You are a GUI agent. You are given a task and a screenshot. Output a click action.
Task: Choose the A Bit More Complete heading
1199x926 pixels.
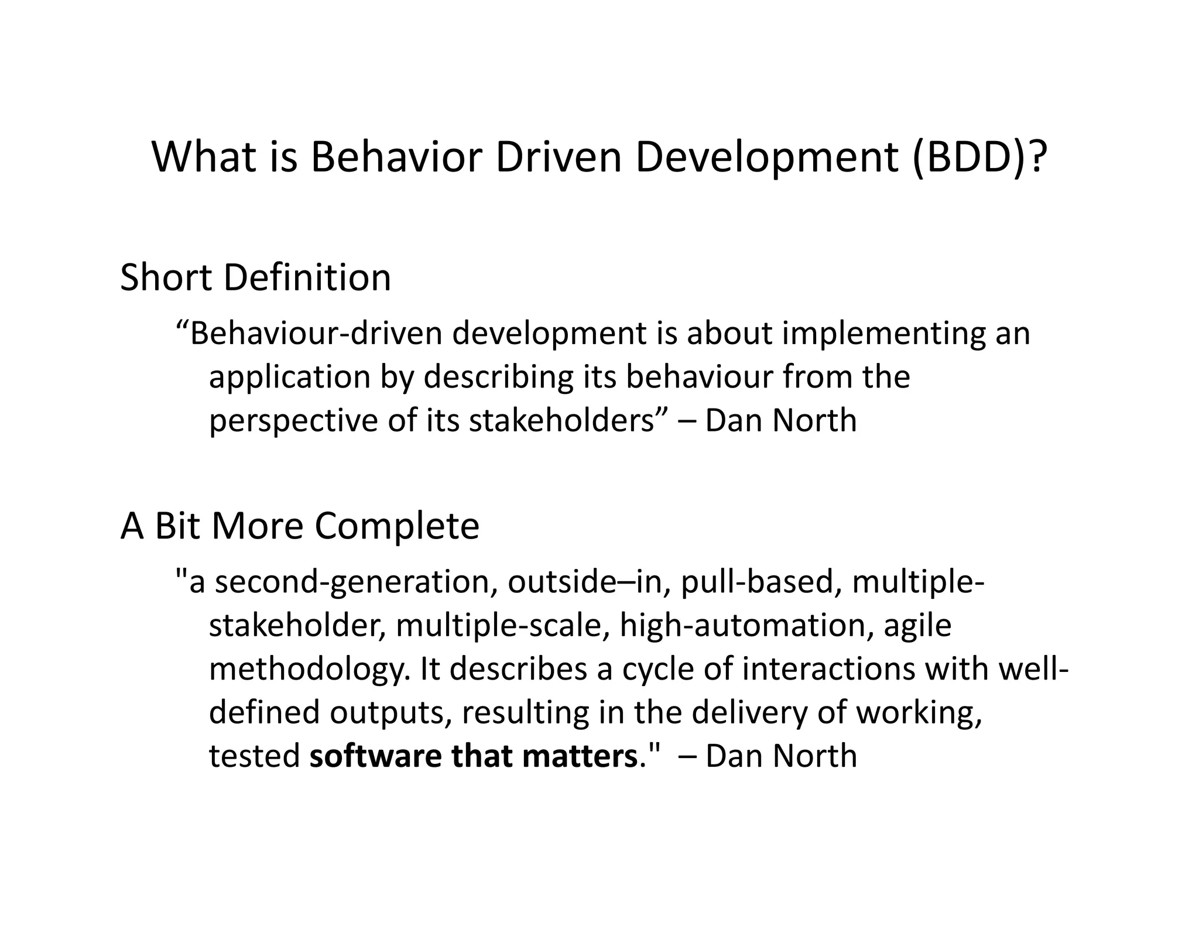tap(300, 526)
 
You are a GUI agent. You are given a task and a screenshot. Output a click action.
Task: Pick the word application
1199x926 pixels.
tap(290, 378)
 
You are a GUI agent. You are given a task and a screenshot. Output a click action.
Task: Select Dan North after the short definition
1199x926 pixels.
tap(780, 420)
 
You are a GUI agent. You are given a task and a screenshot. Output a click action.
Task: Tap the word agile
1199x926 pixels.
tap(917, 625)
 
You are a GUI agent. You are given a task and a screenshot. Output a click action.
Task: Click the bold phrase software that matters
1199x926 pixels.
tap(473, 756)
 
